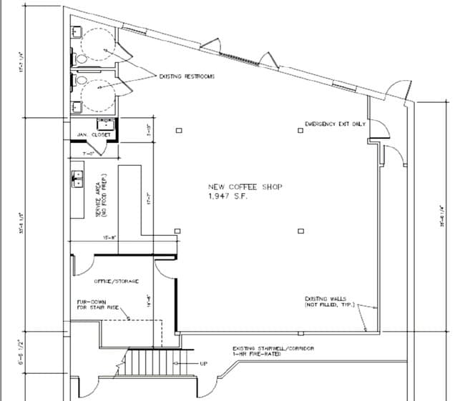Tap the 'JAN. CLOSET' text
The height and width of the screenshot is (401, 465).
(x=89, y=134)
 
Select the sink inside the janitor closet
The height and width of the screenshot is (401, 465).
(x=104, y=122)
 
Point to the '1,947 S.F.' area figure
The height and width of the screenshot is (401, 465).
(x=227, y=196)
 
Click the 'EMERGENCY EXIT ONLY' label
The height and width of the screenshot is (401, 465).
(x=335, y=124)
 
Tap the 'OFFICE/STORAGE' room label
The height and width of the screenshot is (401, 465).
(x=117, y=281)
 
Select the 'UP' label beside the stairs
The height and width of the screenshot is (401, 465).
(x=203, y=363)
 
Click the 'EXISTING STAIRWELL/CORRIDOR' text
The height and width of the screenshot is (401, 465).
(x=274, y=349)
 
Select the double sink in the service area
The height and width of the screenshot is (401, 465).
(x=77, y=179)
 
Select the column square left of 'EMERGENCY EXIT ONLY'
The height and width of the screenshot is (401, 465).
(x=301, y=130)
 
